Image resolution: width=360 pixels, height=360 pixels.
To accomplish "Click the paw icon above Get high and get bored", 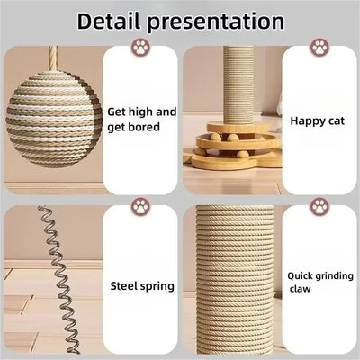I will pos(141,47).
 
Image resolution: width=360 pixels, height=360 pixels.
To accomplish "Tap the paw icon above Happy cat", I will pos(320,47).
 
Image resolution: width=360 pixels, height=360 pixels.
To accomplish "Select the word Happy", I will pos(304,118).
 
